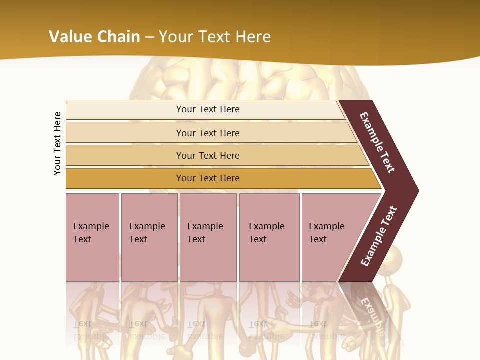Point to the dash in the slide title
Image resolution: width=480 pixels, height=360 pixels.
coord(149,37)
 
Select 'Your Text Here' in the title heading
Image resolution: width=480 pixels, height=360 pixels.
coord(215,36)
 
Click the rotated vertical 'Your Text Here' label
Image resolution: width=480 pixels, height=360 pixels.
coord(57,143)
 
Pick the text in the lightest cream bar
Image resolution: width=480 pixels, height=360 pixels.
coord(208,109)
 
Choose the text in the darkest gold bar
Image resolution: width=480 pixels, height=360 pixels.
coord(208,178)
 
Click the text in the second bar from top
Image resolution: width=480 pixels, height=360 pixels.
coord(208,133)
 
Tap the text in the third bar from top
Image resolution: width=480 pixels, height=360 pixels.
coord(208,156)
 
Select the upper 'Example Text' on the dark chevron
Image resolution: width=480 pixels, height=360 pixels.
coord(377,142)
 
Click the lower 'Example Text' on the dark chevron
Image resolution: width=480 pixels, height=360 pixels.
coord(379,236)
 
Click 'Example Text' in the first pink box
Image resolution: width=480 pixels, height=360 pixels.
coord(91,233)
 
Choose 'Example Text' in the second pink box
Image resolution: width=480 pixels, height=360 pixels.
coord(147,233)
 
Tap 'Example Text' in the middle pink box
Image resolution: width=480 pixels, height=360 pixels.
coord(205,233)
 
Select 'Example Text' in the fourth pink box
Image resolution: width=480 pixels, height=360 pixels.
coord(266,233)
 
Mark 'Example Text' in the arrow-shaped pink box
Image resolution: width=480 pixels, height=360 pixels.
coord(326,233)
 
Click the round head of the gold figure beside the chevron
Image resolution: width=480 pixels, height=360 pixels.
coord(393,257)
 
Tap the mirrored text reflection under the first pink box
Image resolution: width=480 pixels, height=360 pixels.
coord(90,330)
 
